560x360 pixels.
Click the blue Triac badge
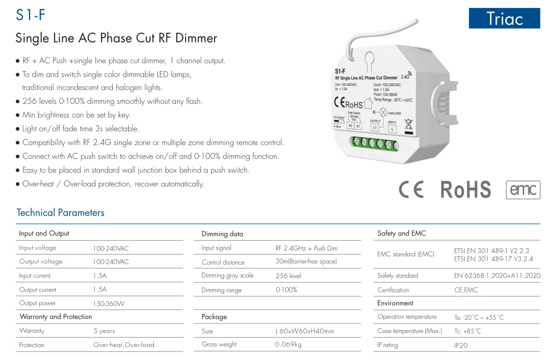(504, 18)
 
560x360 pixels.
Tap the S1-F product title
(31, 15)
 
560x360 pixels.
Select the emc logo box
(523, 190)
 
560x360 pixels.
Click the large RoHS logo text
(466, 190)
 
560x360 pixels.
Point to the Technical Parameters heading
(60, 213)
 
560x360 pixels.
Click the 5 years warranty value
(104, 331)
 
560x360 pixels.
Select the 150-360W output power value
(108, 303)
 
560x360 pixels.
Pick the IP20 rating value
(461, 346)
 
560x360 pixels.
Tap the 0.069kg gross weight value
(288, 345)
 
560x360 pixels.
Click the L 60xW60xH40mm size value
(305, 331)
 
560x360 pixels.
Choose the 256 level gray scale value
(288, 276)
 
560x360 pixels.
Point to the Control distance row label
(223, 262)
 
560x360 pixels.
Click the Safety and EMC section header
(402, 233)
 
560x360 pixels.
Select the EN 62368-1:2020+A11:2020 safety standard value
(497, 276)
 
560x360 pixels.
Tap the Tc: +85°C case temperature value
(467, 331)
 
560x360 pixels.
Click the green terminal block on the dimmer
(374, 142)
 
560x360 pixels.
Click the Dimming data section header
(222, 234)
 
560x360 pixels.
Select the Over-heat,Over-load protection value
(124, 345)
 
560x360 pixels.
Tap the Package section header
(214, 317)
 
